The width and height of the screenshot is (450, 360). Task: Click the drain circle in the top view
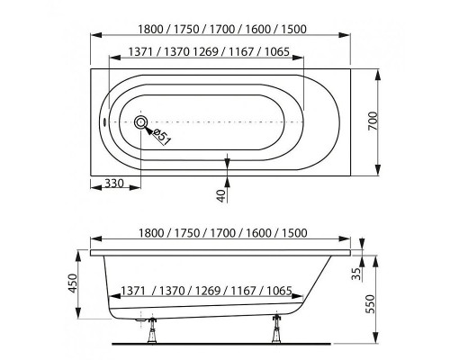(x=140, y=122)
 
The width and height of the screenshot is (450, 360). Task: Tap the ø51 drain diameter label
(x=162, y=136)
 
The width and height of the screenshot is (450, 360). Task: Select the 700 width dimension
(x=373, y=121)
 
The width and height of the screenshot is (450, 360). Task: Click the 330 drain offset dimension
(x=114, y=183)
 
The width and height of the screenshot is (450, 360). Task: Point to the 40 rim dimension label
(x=221, y=195)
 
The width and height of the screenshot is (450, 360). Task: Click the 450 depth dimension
(x=72, y=283)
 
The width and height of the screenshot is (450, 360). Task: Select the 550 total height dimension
(x=371, y=304)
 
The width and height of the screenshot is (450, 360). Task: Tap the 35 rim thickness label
(x=356, y=274)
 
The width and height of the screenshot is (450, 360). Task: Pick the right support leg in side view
(x=276, y=328)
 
